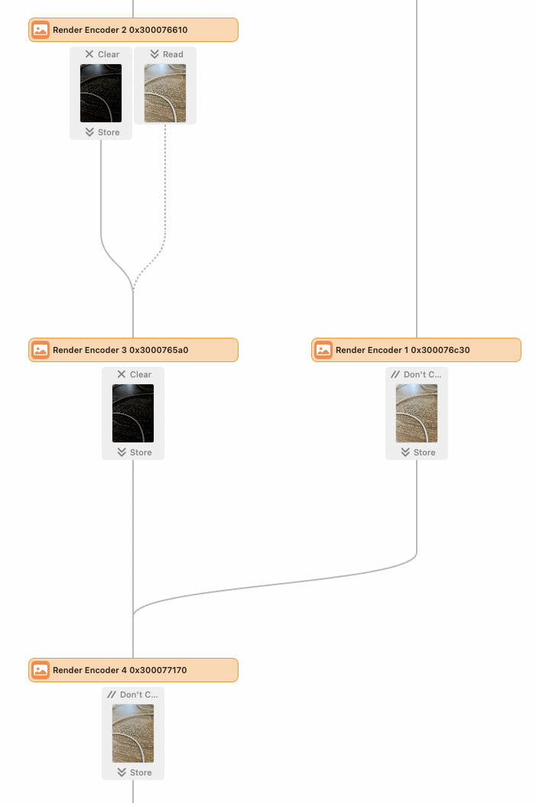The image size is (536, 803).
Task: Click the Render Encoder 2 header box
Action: click(x=133, y=30)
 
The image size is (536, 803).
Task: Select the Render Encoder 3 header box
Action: click(x=133, y=350)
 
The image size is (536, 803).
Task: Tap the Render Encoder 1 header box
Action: click(x=416, y=350)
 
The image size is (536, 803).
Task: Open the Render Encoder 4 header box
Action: click(x=133, y=670)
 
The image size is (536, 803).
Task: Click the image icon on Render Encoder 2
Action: click(x=41, y=30)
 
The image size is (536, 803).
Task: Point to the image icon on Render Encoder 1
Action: click(x=323, y=350)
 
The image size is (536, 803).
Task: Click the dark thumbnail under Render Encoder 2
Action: click(x=101, y=93)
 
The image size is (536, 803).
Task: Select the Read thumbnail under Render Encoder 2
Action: click(x=165, y=93)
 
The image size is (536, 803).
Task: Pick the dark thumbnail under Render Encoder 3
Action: click(x=133, y=413)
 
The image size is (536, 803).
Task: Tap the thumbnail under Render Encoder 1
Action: click(x=417, y=413)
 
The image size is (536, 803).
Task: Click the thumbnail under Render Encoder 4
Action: click(x=133, y=733)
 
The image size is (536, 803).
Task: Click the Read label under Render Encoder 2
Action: click(x=173, y=54)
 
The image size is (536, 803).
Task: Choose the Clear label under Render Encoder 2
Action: click(x=109, y=54)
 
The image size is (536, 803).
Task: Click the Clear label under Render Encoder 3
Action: click(x=141, y=374)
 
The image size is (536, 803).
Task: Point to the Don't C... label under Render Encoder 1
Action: click(x=422, y=374)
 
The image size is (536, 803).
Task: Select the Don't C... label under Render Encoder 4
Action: click(x=139, y=695)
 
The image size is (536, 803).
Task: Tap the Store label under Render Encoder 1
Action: click(x=424, y=452)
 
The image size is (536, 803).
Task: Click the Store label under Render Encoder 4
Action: click(x=141, y=772)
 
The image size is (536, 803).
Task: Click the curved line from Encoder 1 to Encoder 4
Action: click(x=277, y=584)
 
